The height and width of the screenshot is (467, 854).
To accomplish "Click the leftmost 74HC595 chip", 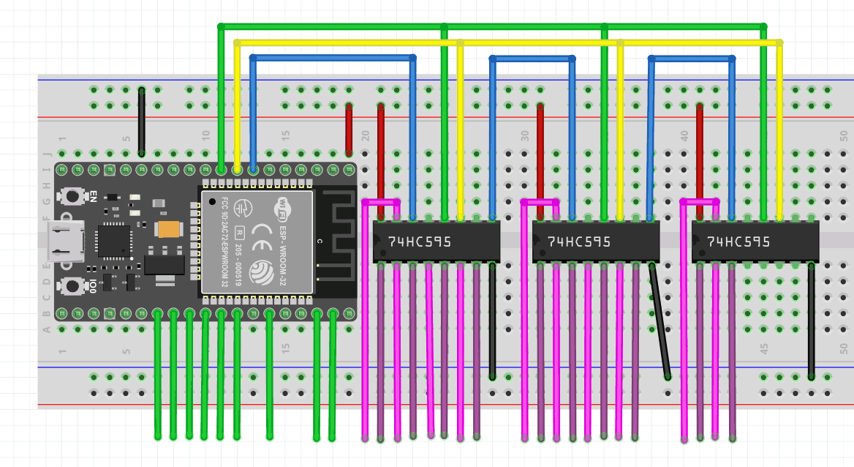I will (x=437, y=242).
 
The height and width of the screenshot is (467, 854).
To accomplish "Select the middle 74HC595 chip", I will (x=596, y=242).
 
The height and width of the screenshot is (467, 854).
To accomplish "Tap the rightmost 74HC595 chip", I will (x=755, y=242).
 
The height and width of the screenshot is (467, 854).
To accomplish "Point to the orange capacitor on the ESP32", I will (x=168, y=229).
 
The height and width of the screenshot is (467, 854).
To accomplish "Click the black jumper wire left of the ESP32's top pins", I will (x=142, y=121).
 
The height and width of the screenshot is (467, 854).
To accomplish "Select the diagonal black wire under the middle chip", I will (x=660, y=322).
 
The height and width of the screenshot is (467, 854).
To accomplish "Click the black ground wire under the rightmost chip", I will (x=812, y=322).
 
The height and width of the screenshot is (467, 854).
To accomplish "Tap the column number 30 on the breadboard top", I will (x=525, y=136).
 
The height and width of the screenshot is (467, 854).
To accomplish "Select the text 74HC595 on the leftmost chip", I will (x=420, y=242).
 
